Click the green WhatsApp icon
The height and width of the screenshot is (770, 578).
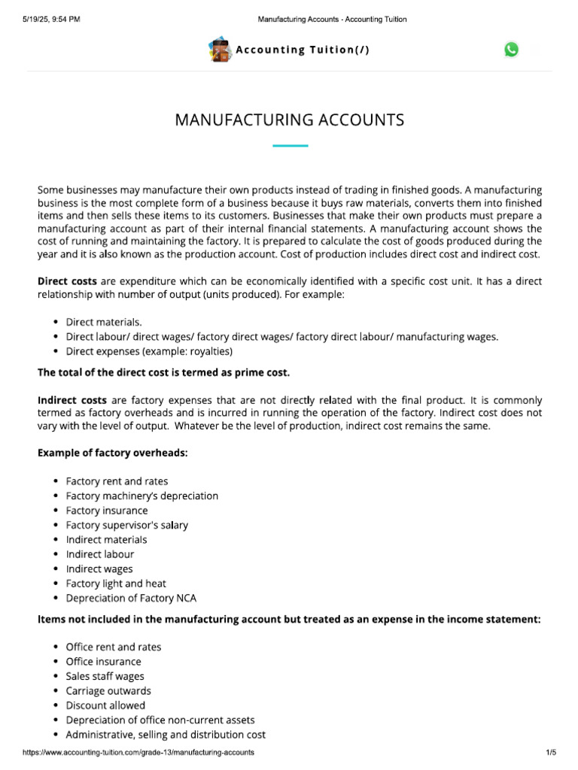pyautogui.click(x=512, y=50)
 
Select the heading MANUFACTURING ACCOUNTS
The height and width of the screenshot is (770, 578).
pyautogui.click(x=290, y=120)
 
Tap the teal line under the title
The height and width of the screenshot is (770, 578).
pyautogui.click(x=290, y=146)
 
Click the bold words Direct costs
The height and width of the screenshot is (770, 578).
pyautogui.click(x=67, y=280)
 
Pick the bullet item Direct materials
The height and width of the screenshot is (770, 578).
pyautogui.click(x=104, y=322)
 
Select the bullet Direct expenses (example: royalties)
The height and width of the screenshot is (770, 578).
pyautogui.click(x=149, y=351)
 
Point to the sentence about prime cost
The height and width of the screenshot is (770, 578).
pyautogui.click(x=163, y=372)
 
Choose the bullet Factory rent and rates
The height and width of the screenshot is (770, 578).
pyautogui.click(x=117, y=481)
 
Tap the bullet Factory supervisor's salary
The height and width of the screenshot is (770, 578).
pyautogui.click(x=126, y=525)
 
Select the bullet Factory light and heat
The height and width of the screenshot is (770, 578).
pyautogui.click(x=116, y=584)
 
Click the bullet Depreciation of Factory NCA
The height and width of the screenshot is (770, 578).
pyautogui.click(x=131, y=598)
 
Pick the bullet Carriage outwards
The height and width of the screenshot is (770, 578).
pyautogui.click(x=108, y=690)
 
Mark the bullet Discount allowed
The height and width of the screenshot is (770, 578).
pyautogui.click(x=105, y=705)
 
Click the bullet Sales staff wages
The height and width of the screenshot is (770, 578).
pyautogui.click(x=105, y=676)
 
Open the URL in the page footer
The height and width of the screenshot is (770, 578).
pyautogui.click(x=138, y=752)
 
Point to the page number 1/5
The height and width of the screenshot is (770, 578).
pyautogui.click(x=550, y=752)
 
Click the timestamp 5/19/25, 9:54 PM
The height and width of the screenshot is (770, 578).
pyautogui.click(x=51, y=19)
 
